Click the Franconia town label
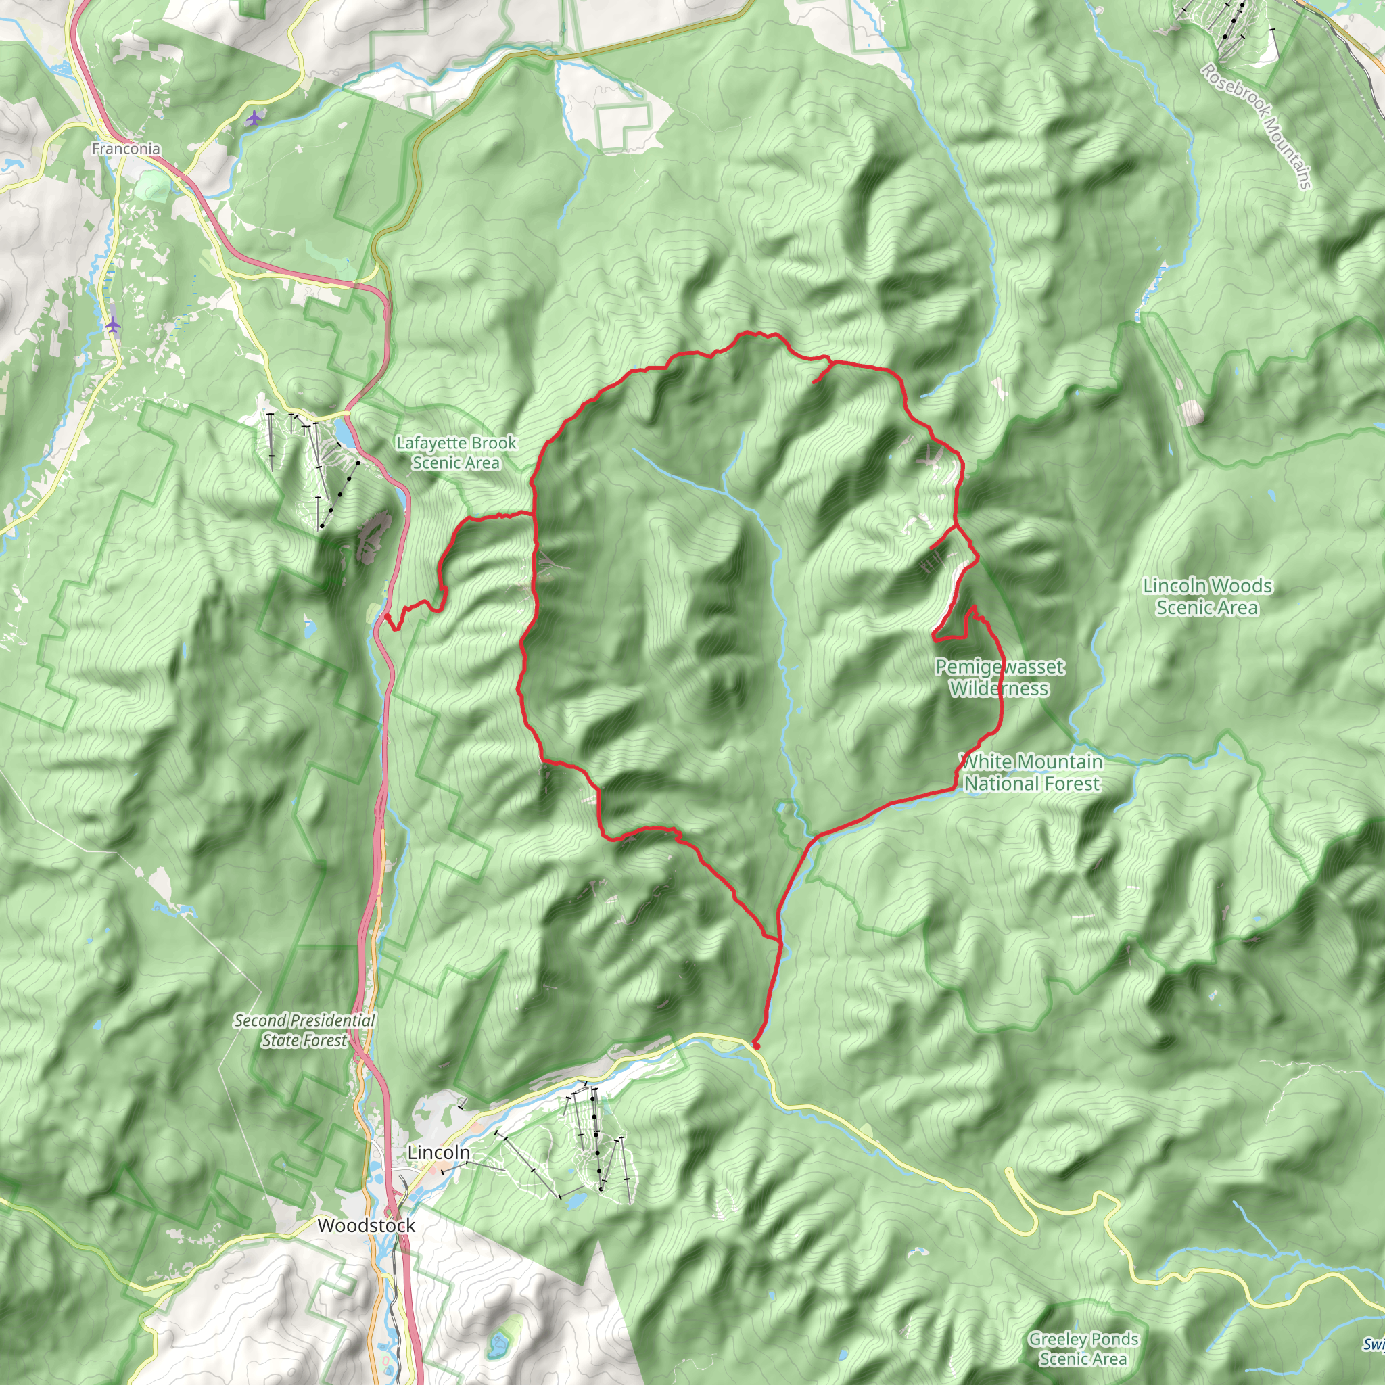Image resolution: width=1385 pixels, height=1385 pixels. tap(126, 149)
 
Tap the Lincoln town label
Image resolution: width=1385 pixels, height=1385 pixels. tap(439, 1152)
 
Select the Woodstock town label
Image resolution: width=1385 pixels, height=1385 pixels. tap(367, 1225)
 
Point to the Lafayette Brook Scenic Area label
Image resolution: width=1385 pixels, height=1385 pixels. tap(456, 453)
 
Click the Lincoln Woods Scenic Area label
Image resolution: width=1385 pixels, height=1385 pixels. tap(1207, 596)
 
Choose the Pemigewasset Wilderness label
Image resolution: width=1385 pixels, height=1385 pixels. tap(1000, 678)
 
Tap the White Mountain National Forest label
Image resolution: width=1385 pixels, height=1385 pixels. tap(1031, 772)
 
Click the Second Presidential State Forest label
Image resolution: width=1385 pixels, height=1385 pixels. tap(305, 1030)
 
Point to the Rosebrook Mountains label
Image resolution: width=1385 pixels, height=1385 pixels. tap(1257, 126)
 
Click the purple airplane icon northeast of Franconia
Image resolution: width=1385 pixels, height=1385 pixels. tap(253, 118)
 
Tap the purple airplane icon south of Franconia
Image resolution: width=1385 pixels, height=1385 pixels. tap(112, 325)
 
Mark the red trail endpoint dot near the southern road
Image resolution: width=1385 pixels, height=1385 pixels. tap(756, 1046)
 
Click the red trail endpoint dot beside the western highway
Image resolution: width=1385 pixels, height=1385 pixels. tap(387, 617)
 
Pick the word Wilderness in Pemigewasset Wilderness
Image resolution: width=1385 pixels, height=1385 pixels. tap(1000, 689)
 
